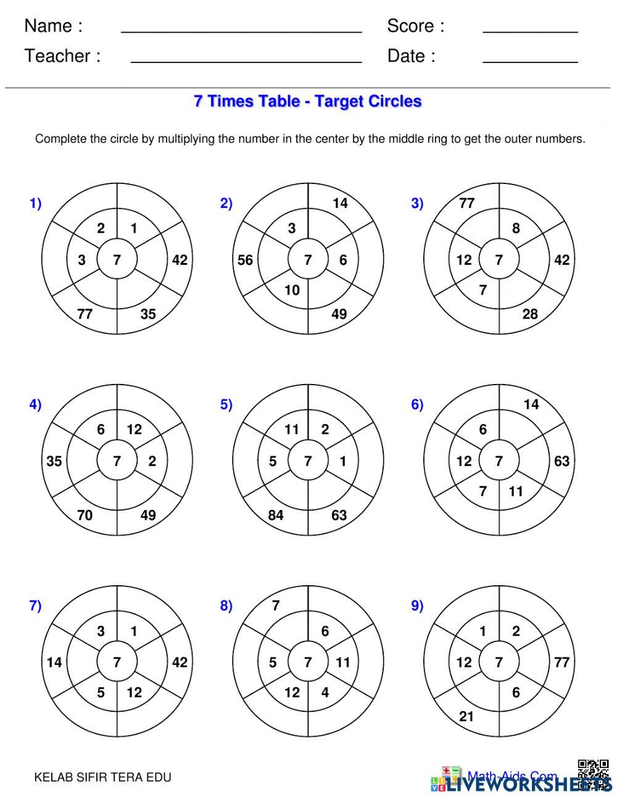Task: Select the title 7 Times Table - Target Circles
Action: point(307,101)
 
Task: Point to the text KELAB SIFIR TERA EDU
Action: point(102,777)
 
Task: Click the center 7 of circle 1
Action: point(117,260)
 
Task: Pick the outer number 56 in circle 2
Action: point(246,260)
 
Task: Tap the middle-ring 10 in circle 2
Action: point(291,290)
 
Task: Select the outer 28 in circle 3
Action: point(530,314)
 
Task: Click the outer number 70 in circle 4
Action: point(85,515)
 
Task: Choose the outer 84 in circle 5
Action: point(276,515)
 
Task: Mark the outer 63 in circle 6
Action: point(561,461)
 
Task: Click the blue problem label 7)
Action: point(35,606)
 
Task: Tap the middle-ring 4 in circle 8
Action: point(325,692)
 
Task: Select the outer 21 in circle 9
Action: point(466,716)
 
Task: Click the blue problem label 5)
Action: point(226,404)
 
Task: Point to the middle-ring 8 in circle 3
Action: point(516,228)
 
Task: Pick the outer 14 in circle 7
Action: point(54,662)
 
